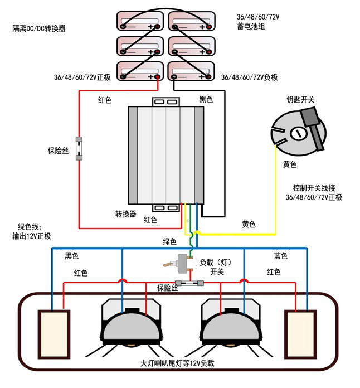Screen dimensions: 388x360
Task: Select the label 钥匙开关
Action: (x=300, y=99)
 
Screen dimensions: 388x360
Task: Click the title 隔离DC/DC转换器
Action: (x=38, y=28)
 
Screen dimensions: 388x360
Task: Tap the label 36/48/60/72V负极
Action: (x=249, y=77)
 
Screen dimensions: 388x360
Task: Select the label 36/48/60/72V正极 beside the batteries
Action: (x=83, y=77)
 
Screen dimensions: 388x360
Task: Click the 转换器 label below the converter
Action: (x=126, y=214)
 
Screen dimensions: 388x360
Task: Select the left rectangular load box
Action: (x=53, y=334)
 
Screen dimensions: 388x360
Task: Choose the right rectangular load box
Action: (x=301, y=334)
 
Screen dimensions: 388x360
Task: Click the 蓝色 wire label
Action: (x=280, y=256)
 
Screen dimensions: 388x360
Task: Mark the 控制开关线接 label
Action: (x=313, y=188)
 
